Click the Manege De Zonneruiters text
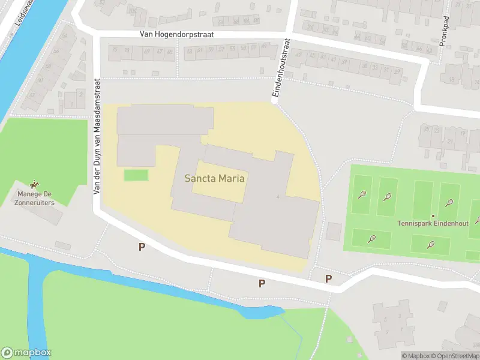coord(35,199)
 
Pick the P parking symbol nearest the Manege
coord(142,247)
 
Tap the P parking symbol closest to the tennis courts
coord(328,278)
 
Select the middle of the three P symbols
coord(262,283)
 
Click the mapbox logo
coord(26,353)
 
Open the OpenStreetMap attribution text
coord(455,356)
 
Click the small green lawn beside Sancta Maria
coord(136,175)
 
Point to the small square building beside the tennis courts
coord(333,232)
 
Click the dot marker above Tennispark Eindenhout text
coord(433,216)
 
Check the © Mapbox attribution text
coord(416,356)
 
